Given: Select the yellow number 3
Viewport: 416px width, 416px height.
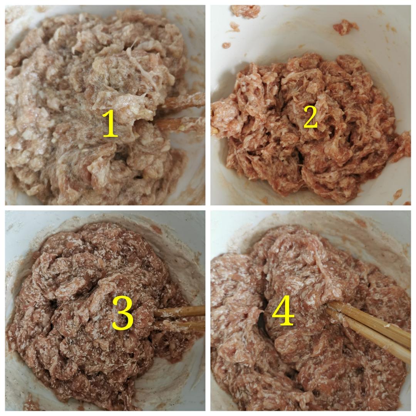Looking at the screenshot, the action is click(122, 313).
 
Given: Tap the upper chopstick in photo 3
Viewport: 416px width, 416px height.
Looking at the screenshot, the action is click(179, 311).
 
